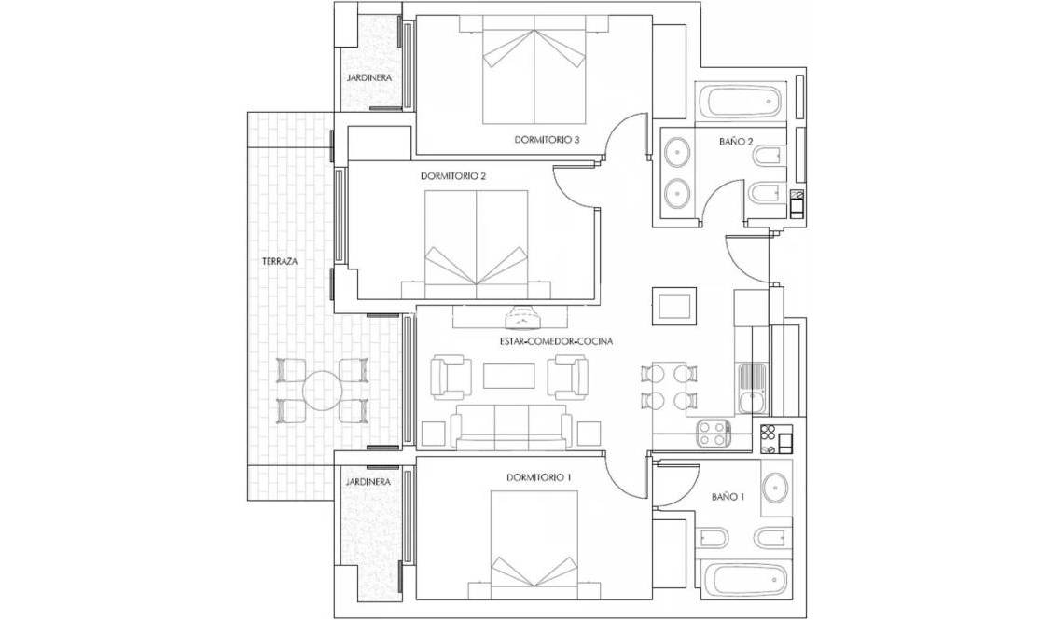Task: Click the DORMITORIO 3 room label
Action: click(x=548, y=140)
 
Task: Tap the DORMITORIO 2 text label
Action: click(x=453, y=175)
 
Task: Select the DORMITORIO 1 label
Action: click(x=539, y=477)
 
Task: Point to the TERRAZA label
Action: click(x=279, y=262)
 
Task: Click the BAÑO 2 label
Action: click(x=736, y=142)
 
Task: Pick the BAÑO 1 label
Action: click(x=728, y=498)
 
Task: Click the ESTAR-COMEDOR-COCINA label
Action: click(x=555, y=342)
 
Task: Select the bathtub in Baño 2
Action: click(x=744, y=101)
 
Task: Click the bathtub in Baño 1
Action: click(x=742, y=580)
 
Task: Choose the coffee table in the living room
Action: click(x=508, y=375)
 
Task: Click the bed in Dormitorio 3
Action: click(x=534, y=76)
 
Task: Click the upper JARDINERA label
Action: click(x=368, y=77)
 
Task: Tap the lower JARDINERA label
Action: click(x=367, y=482)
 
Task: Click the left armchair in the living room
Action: click(x=450, y=378)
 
